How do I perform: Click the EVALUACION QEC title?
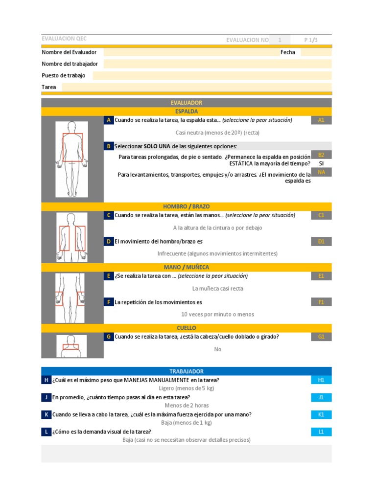(64, 39)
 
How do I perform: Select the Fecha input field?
(316, 52)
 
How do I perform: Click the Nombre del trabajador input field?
(218, 64)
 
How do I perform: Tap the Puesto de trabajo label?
(64, 76)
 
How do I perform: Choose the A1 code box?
(321, 120)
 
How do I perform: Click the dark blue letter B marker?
(108, 146)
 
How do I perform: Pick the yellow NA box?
(321, 172)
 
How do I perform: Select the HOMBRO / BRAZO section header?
(187, 206)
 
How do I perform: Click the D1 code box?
(321, 241)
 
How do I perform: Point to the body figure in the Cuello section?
(71, 346)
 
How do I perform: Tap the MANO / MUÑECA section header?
(187, 267)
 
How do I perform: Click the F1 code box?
(321, 302)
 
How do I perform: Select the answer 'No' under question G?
(218, 349)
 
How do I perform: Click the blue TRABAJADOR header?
(187, 371)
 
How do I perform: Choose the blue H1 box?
(321, 380)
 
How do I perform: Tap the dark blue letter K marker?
(46, 414)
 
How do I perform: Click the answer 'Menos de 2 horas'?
(187, 406)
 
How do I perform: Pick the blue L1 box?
(321, 432)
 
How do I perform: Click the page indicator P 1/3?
(311, 40)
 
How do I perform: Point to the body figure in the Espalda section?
(72, 159)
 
